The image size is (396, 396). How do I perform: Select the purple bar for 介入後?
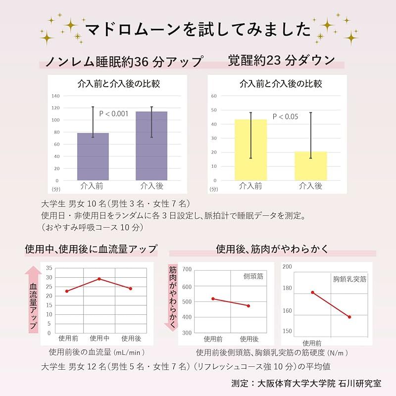151,146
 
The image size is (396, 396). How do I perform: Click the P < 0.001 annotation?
114,114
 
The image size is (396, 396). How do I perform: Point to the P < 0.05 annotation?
285,117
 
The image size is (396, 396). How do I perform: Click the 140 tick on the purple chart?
55,96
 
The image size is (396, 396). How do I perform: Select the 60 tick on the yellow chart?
214,96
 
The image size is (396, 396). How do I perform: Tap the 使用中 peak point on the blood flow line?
99,279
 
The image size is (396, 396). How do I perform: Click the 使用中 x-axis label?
99,339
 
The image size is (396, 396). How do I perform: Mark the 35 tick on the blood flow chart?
49,268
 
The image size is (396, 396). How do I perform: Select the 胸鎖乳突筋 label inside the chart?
349,279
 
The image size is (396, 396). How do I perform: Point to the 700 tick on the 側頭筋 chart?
187,269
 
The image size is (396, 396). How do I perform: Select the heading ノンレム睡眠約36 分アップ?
124,62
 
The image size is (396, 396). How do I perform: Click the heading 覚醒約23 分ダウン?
281,60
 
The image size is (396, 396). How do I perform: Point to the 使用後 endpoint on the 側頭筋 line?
248,306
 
